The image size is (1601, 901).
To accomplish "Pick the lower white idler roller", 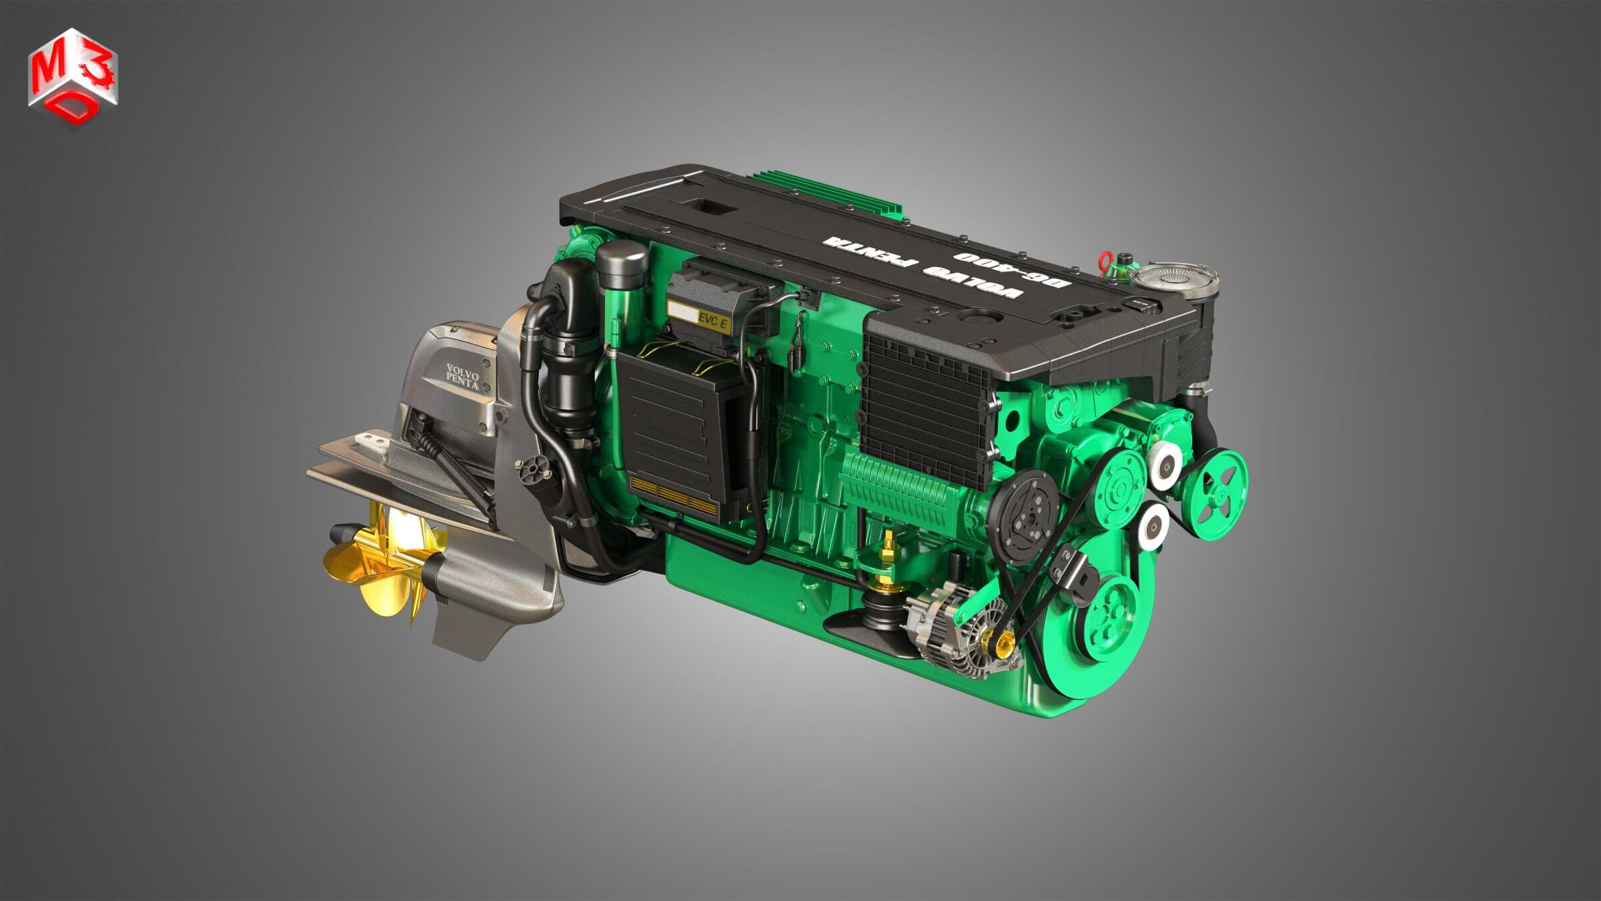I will click(1153, 525).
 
